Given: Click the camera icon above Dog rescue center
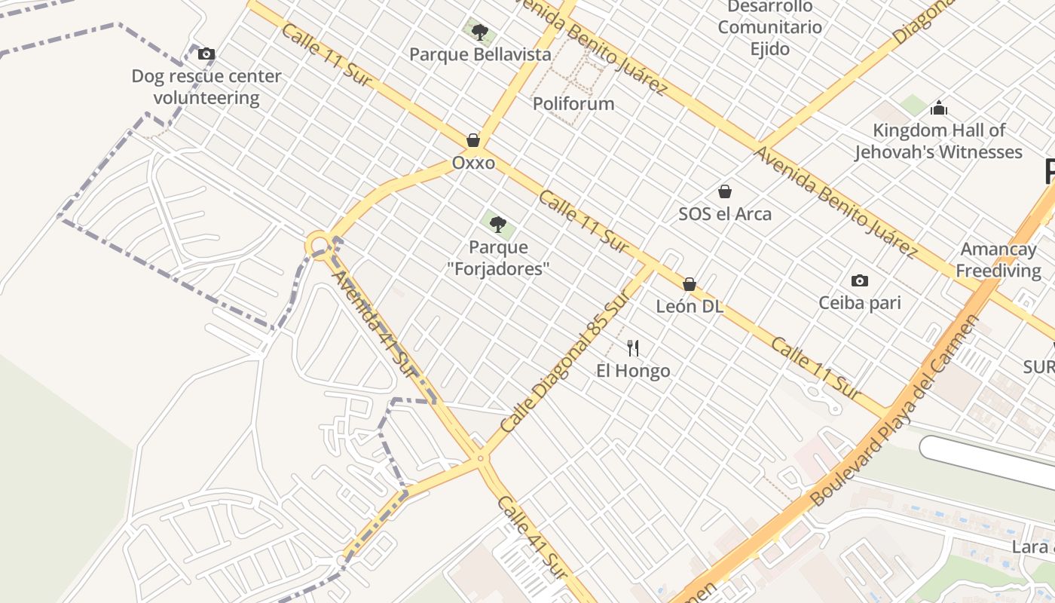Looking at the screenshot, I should point(206,54).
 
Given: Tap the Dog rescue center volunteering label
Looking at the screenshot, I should point(206,87).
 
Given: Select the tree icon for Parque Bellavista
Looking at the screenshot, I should point(479,32).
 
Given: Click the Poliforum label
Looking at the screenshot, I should point(573,103).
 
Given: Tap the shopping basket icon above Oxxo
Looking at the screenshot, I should point(473,140).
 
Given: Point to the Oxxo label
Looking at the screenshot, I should point(473,163).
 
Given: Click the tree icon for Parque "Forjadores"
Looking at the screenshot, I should point(497,224).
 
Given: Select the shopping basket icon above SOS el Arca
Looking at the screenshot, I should point(725,191).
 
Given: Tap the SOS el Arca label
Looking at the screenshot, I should point(725,214).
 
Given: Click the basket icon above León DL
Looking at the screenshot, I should point(689,284).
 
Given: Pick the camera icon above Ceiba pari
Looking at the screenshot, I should point(859,281).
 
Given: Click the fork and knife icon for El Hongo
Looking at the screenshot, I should point(633,347).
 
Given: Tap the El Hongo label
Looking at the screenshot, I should point(633,371).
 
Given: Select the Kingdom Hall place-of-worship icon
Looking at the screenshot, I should point(938,108).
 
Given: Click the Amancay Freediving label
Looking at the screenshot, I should point(998,259).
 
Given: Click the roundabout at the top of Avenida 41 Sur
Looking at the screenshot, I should point(320,244).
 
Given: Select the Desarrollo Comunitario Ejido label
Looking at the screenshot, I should point(769,28).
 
